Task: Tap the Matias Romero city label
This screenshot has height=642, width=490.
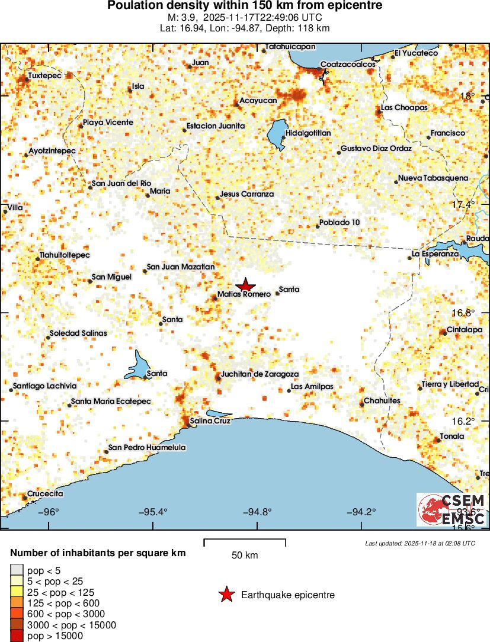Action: tap(244, 294)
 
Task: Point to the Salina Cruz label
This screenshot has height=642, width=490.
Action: tap(210, 421)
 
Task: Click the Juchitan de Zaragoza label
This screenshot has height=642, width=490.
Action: tap(260, 374)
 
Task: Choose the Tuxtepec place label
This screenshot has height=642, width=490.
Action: tap(45, 76)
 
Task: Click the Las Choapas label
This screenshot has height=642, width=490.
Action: tap(404, 108)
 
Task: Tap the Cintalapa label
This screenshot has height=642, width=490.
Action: tap(465, 330)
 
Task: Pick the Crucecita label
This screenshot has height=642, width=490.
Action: tap(45, 493)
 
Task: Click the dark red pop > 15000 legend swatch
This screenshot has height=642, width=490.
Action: tap(17, 636)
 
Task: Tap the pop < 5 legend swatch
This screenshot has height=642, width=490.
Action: tap(17, 570)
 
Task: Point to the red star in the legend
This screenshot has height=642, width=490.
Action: tap(226, 595)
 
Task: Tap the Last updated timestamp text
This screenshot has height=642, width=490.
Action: tap(420, 543)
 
